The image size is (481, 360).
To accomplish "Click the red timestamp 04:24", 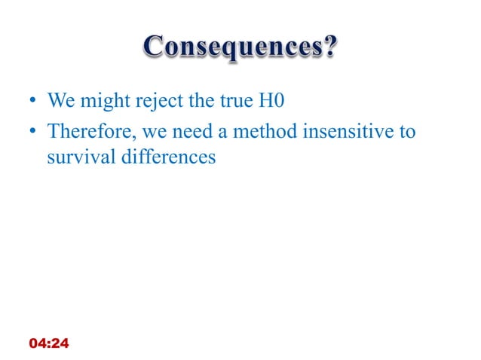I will pos(48,343).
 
